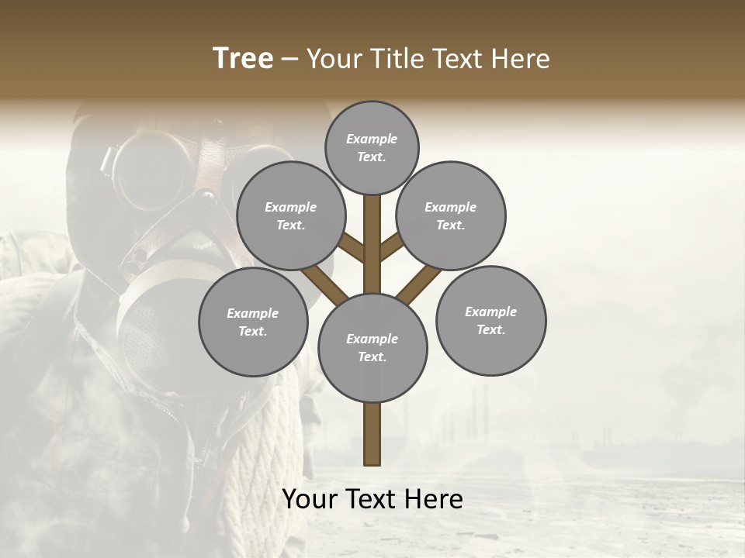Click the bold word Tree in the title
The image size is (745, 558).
coord(243,58)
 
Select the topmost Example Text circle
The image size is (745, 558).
coord(372,147)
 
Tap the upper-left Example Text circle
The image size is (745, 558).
coord(290,216)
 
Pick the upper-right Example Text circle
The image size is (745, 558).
coord(451,216)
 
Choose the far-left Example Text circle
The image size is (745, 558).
coord(253,322)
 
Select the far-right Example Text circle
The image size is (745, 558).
coord(490,321)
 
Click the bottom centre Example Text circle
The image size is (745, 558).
coord(372,348)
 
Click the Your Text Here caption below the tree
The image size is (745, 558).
coord(372,499)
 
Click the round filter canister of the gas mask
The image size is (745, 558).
coord(155,325)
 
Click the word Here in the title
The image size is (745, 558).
coord(521,59)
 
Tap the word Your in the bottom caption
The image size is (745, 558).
coord(310,499)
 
